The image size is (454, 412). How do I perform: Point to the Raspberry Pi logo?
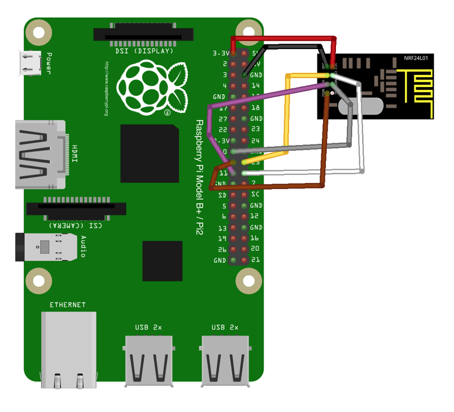(x=152, y=87)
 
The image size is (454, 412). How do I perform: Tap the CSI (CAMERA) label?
(x=76, y=225)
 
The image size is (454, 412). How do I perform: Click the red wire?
(x=282, y=38)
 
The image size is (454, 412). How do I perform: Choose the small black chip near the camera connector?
(x=162, y=261)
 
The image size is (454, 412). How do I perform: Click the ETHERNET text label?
(x=68, y=305)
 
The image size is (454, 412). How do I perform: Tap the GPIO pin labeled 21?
(x=244, y=261)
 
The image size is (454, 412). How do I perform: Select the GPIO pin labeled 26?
(x=233, y=249)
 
